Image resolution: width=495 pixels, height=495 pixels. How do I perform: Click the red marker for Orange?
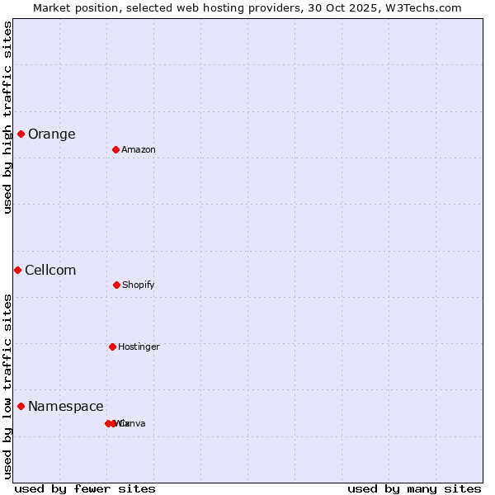point(21,134)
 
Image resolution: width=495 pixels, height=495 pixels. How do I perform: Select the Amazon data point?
point(116,149)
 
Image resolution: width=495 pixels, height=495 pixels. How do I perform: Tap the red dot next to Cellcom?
point(17,270)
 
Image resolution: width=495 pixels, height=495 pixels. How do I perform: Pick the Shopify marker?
point(116,285)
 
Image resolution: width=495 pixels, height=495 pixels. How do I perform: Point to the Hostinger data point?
point(112,346)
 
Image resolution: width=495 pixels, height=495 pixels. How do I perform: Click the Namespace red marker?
point(21,406)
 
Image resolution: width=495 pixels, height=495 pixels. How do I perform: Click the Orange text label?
point(51,134)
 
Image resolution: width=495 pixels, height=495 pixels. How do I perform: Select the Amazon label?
point(139,149)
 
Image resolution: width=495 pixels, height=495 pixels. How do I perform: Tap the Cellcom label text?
point(50,270)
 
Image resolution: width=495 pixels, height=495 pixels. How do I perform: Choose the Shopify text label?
point(139,285)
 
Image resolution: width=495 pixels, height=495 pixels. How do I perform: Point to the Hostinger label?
point(139,346)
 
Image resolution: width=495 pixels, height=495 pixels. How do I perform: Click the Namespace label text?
point(66,406)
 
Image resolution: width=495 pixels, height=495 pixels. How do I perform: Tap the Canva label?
point(134,423)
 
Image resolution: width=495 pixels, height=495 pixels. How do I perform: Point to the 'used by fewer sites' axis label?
point(85,488)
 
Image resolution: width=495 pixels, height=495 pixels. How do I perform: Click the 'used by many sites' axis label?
point(414,488)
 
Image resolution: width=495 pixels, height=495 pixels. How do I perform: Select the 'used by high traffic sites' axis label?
point(7,117)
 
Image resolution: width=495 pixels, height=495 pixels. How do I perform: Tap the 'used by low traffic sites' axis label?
point(7,386)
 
